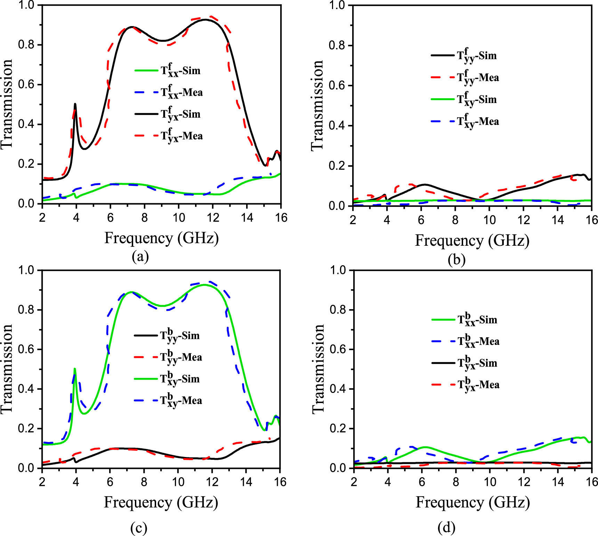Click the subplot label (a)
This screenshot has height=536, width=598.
coord(140,257)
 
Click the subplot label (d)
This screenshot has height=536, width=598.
coord(446,528)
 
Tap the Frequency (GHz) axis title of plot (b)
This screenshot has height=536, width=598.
coord(472,241)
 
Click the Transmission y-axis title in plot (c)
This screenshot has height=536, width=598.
coord(7,369)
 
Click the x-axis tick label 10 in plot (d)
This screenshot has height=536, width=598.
coord(490,482)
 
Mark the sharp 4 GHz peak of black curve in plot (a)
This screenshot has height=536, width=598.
coord(75,104)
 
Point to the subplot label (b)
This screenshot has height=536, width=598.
coord(456,260)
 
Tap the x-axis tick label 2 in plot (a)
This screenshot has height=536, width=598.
coord(42,218)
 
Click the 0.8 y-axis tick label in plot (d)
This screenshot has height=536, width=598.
coord(338,310)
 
